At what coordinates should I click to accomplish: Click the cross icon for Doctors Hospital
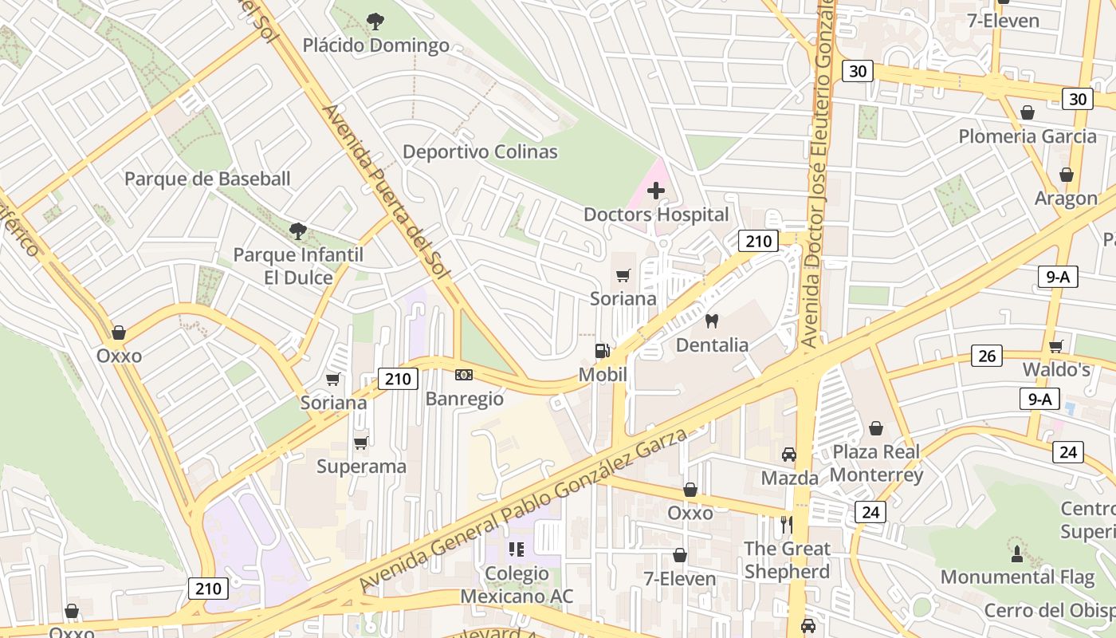656,191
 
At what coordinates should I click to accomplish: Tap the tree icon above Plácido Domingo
375,22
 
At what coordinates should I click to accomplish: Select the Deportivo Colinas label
480,152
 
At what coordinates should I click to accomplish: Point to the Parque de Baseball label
207,179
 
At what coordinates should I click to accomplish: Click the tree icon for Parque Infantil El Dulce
298,231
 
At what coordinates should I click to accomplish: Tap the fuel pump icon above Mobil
603,351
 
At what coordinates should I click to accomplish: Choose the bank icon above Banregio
464,375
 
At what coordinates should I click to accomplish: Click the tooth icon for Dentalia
712,321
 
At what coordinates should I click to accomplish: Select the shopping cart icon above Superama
361,443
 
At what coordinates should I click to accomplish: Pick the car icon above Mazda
789,454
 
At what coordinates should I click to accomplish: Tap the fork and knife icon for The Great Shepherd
787,525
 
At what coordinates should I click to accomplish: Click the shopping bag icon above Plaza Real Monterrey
876,428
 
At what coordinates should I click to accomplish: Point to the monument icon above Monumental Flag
1017,553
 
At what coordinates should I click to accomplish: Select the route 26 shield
987,356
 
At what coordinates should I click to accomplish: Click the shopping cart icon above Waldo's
1056,346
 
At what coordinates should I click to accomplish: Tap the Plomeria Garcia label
1028,136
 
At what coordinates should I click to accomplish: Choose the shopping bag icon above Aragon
1067,175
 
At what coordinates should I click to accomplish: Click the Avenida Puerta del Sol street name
387,191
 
